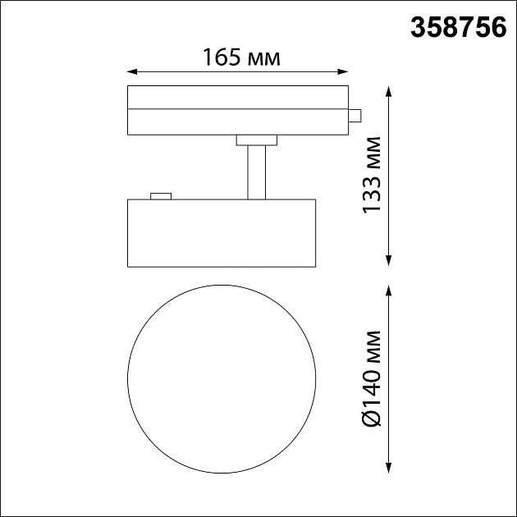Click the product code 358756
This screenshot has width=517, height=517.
click(x=458, y=28)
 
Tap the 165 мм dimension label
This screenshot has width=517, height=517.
click(x=241, y=57)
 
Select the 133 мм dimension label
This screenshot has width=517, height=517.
click(x=372, y=175)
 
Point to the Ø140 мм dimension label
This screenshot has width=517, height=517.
click(x=372, y=378)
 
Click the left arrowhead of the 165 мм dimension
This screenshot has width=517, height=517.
click(x=132, y=71)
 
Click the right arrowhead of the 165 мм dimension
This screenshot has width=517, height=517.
click(x=343, y=71)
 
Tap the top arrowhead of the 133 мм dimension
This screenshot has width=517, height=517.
click(x=389, y=91)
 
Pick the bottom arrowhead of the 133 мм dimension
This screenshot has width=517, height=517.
click(x=389, y=260)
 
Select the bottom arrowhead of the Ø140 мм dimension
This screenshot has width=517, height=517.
click(x=389, y=468)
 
